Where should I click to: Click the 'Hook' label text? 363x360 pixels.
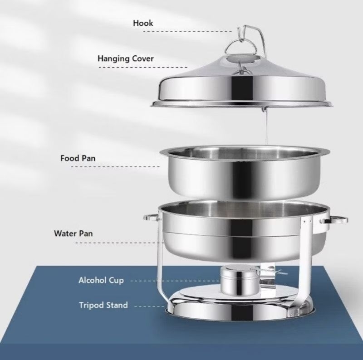(143, 23)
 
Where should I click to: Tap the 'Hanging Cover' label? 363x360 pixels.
(125, 58)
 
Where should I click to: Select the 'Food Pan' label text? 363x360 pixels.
(78, 158)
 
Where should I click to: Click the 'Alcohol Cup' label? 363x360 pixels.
(101, 280)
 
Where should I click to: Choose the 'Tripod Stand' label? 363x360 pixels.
(103, 305)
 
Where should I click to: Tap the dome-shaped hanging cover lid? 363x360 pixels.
(241, 86)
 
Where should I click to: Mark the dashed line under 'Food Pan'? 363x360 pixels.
(116, 166)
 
